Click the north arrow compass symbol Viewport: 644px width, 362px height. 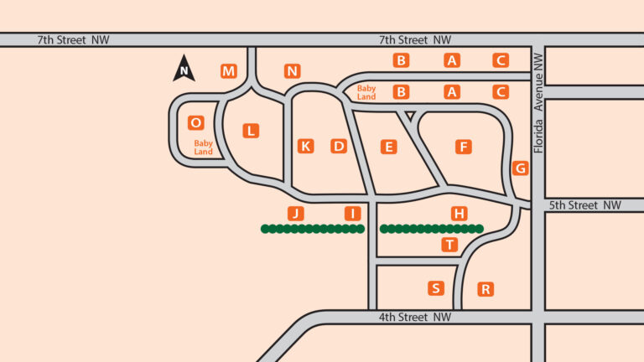click(x=184, y=69)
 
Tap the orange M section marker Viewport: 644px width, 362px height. click(x=229, y=70)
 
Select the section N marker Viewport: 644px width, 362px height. click(x=292, y=70)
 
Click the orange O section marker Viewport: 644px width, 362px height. click(x=196, y=122)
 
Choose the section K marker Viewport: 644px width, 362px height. click(x=305, y=146)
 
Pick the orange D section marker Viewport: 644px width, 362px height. click(x=339, y=146)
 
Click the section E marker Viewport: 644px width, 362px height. click(x=388, y=147)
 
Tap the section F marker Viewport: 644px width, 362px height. click(x=463, y=147)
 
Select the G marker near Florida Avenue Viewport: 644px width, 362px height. click(x=521, y=168)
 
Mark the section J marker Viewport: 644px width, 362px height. click(x=294, y=213)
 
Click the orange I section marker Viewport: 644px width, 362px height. click(x=353, y=213)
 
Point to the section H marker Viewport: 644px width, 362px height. click(x=459, y=213)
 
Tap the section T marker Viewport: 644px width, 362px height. click(x=450, y=245)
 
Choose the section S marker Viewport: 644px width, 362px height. click(x=435, y=288)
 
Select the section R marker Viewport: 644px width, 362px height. click(x=485, y=289)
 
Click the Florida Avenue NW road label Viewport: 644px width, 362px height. click(x=538, y=109)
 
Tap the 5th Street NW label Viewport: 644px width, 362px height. click(x=585, y=205)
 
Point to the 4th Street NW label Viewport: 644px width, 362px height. click(x=415, y=317)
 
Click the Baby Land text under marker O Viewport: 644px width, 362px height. click(x=204, y=147)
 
